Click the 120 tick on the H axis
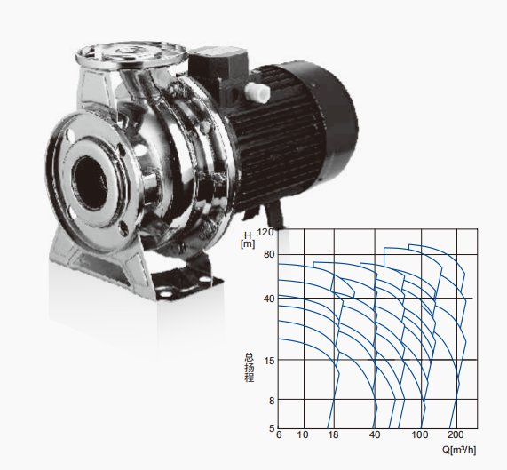[x=266, y=232]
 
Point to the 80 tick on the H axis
[x=269, y=254]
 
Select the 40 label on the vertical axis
[x=269, y=299]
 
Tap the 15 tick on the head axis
[x=269, y=360]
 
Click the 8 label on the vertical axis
[x=272, y=401]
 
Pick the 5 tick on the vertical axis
[x=272, y=428]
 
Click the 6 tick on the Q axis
[x=279, y=434]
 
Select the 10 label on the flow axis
[x=303, y=434]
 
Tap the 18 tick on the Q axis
[x=333, y=434]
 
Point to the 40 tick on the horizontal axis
[x=375, y=434]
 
